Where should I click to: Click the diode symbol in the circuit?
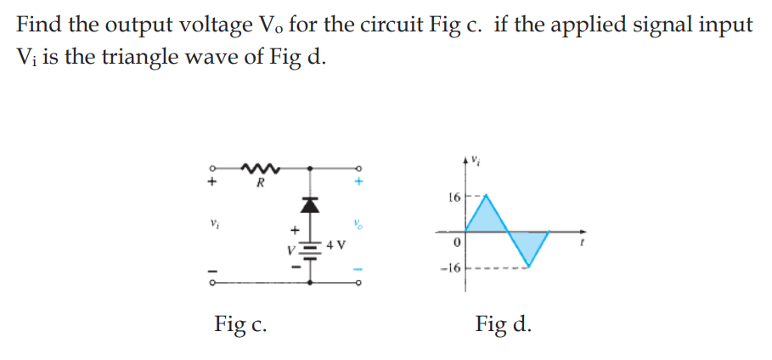click(311, 205)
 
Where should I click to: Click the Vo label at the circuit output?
click(358, 226)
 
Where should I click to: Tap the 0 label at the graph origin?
click(457, 245)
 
